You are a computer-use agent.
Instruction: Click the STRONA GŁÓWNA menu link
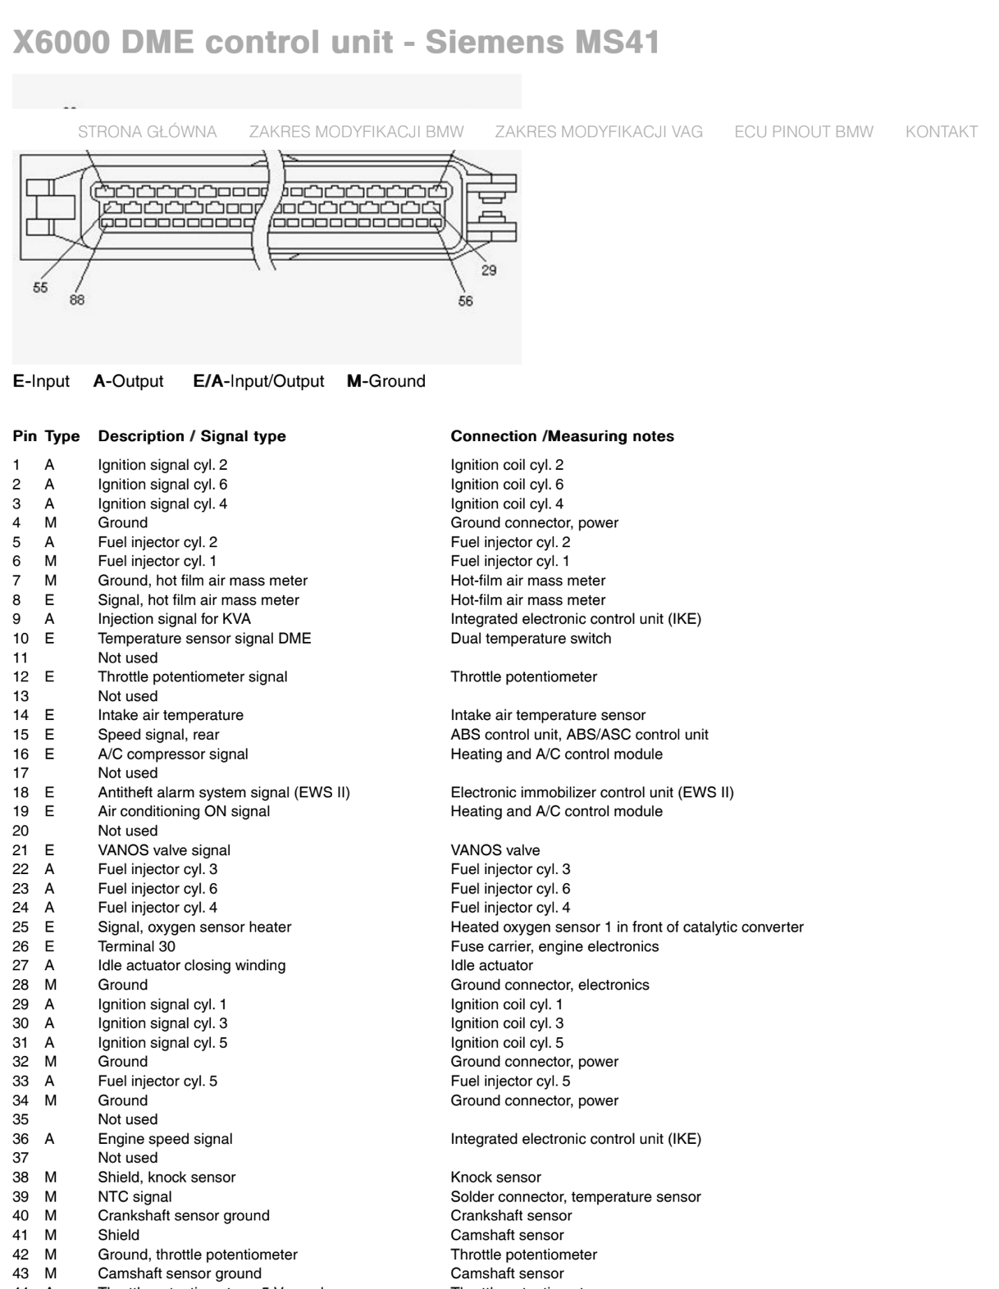pos(147,132)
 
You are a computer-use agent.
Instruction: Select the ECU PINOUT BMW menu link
pos(804,132)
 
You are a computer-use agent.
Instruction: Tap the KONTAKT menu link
pos(941,132)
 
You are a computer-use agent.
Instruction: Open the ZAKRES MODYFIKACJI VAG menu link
pos(599,132)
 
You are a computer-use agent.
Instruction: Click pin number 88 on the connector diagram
pos(76,300)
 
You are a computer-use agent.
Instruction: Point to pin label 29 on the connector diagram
pos(489,271)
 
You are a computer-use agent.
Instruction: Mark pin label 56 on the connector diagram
pos(466,301)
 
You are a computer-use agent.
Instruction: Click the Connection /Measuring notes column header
pos(562,436)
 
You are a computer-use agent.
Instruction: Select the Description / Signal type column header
pos(192,436)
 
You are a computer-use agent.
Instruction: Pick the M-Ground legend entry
pos(386,381)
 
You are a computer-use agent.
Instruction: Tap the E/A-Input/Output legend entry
pos(258,381)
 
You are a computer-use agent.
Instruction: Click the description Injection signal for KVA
pos(174,619)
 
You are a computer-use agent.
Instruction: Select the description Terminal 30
pos(136,946)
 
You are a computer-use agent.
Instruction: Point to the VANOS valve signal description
pos(164,850)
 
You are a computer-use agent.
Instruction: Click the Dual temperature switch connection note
pos(531,638)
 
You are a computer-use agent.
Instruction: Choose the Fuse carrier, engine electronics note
pos(554,946)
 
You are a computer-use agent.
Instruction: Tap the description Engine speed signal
pos(165,1139)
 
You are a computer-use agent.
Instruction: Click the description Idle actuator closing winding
pos(192,965)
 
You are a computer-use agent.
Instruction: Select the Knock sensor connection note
pos(495,1177)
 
